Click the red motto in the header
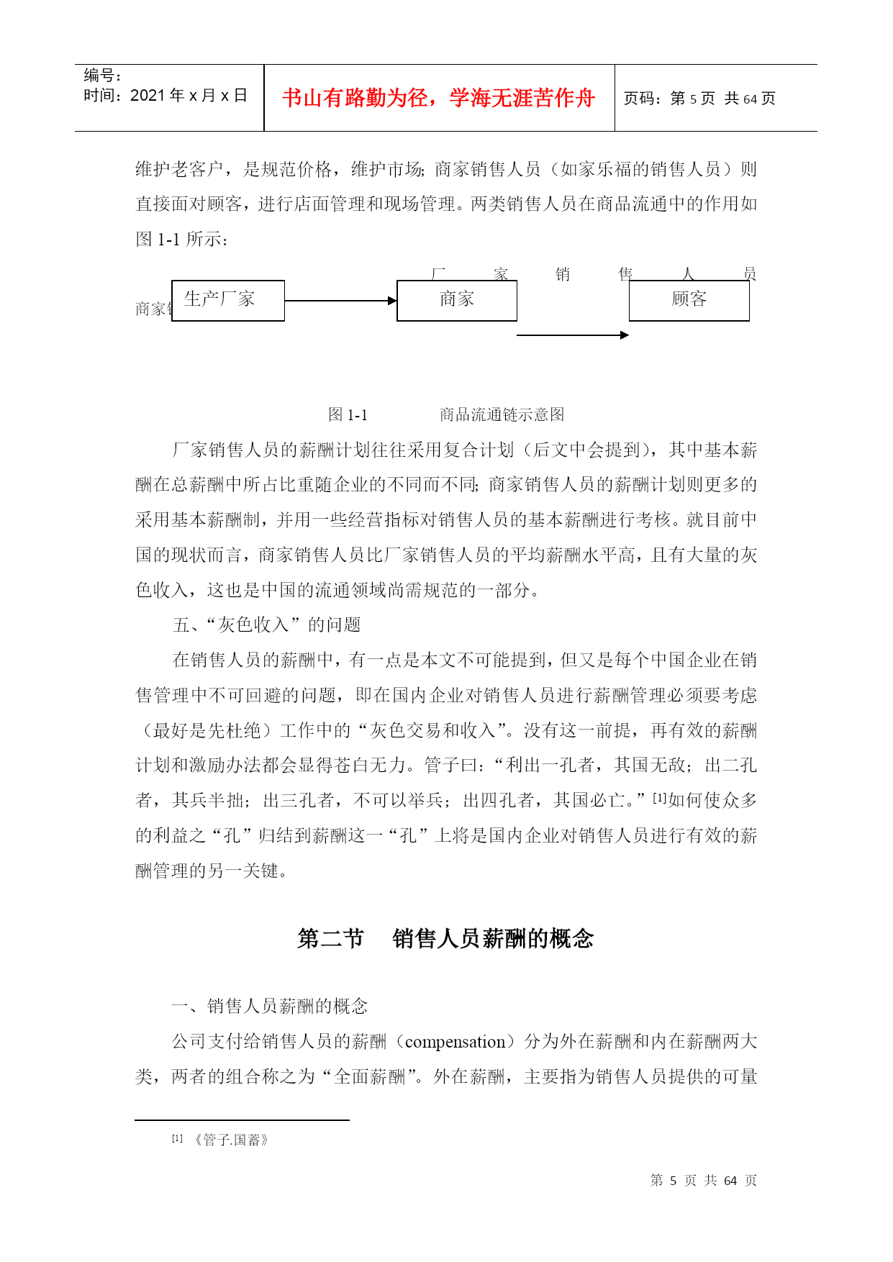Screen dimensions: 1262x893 438,98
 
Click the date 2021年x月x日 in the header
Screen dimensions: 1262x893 166,96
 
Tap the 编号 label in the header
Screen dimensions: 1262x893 102,76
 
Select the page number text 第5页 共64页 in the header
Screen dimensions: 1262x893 699,99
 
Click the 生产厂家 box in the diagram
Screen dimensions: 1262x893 228,300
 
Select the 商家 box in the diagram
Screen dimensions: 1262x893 457,300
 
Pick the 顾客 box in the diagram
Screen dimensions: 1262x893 689,300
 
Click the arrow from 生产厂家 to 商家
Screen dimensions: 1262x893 340,301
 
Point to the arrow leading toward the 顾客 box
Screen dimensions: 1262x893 573,335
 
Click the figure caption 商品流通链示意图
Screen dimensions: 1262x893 502,414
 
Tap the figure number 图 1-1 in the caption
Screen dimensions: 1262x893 348,414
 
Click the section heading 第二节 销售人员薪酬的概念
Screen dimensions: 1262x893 445,938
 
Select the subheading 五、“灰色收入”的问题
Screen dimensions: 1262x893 266,625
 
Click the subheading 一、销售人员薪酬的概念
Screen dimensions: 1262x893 269,1006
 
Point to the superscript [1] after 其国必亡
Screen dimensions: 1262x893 659,797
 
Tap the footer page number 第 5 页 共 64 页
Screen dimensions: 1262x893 703,1181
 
